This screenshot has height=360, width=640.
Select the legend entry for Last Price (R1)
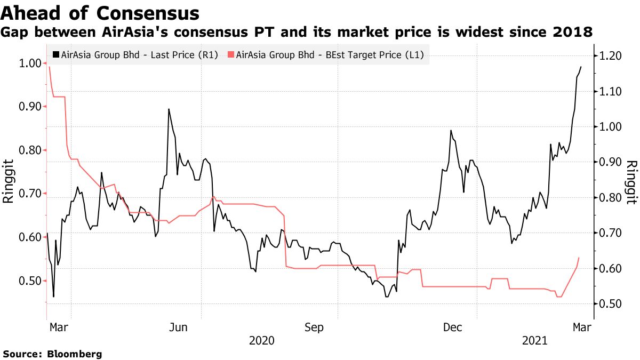point(135,55)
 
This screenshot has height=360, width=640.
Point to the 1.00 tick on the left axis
point(30,63)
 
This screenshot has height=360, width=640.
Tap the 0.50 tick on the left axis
point(30,281)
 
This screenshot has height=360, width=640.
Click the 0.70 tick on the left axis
point(30,194)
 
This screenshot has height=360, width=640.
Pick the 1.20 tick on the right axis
point(610,56)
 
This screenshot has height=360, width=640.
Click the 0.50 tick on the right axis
point(610,304)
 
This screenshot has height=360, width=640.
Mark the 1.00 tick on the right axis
point(610,127)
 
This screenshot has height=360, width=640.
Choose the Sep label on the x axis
point(314,327)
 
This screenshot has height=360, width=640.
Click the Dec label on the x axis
point(452,327)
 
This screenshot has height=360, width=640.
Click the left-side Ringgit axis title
point(9,181)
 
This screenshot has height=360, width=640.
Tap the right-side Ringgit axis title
point(631,181)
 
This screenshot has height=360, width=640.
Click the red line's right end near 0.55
point(579,258)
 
